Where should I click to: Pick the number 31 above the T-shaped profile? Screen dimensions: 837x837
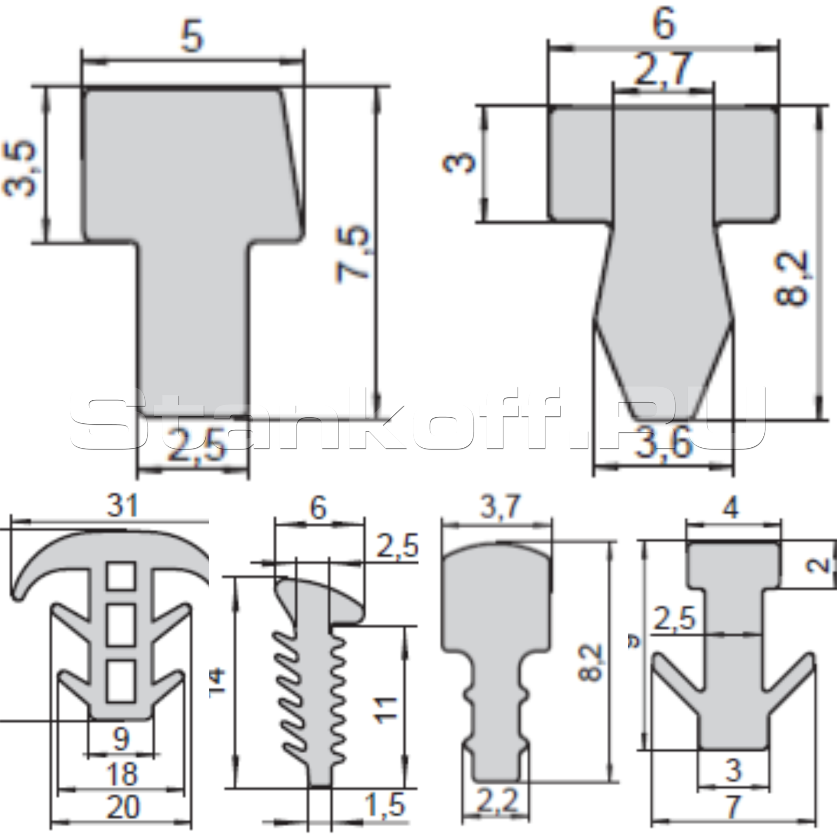point(122,506)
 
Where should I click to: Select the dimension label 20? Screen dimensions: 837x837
point(123,807)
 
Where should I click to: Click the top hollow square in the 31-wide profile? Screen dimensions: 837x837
point(121,576)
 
